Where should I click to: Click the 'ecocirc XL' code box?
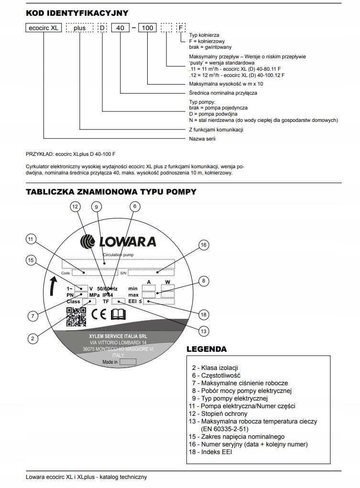43,28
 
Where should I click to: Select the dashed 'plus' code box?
79,28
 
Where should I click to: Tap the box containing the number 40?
120,28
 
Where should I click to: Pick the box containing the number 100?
148,28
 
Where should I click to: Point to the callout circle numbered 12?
75,206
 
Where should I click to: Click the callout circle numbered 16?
204,245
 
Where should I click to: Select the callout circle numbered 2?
33,338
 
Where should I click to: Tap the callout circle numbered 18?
204,314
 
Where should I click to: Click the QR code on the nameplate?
76,316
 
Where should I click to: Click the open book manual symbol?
118,314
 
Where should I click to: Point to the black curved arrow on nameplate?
50,287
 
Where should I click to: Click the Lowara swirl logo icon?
89,241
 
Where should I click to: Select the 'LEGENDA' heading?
207,349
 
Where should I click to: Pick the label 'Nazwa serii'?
203,139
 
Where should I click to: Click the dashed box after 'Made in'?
128,362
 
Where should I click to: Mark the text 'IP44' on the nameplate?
108,295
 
